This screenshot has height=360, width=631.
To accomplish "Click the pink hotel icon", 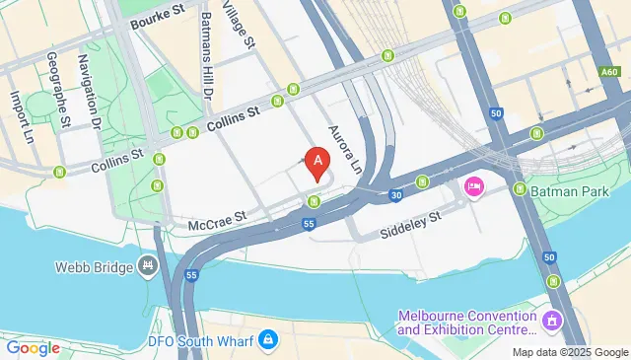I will click(473, 186).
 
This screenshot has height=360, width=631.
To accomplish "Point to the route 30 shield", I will click(395, 195).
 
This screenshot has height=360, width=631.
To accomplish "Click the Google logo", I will click(34, 348).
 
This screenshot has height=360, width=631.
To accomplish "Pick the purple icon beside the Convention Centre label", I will click(551, 322).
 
